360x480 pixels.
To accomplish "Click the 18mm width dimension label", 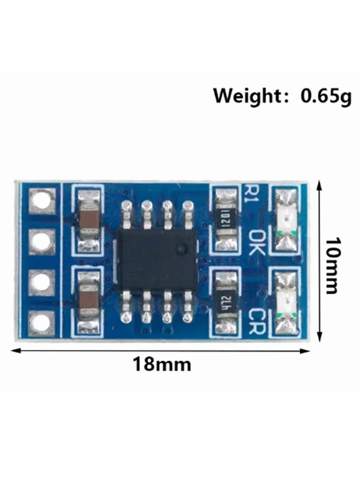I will [162, 364].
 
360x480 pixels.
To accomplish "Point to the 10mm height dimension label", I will [332, 265].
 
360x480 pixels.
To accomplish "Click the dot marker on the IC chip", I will [181, 249].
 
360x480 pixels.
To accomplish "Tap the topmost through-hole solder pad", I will [42, 201].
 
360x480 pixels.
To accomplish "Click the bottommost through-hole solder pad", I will [42, 321].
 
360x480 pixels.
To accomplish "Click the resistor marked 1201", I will [226, 220].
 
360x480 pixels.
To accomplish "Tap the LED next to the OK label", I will [287, 220].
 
